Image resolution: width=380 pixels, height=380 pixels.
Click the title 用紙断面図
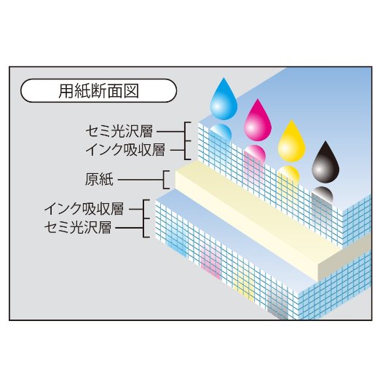tap(99, 91)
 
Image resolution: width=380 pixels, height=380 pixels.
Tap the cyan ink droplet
tap(223, 100)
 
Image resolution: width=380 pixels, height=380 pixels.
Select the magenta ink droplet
tap(258, 121)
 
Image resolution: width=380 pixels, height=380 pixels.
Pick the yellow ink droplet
tap(291, 141)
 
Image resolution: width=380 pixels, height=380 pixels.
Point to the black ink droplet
tap(325, 162)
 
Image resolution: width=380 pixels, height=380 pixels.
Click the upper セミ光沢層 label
tap(119, 132)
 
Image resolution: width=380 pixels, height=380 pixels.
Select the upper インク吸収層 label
tap(125, 150)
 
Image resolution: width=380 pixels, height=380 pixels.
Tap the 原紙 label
tap(99, 180)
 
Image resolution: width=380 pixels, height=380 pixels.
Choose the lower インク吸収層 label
tap(84, 209)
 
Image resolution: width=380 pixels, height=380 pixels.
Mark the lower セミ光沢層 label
tap(78, 227)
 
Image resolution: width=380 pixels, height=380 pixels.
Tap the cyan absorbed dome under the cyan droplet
tap(221, 132)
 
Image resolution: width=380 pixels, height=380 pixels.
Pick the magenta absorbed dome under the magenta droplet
tap(255, 154)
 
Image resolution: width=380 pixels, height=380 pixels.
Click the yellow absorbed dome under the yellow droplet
tap(289, 174)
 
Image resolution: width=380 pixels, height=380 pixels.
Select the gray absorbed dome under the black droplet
tap(322, 194)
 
